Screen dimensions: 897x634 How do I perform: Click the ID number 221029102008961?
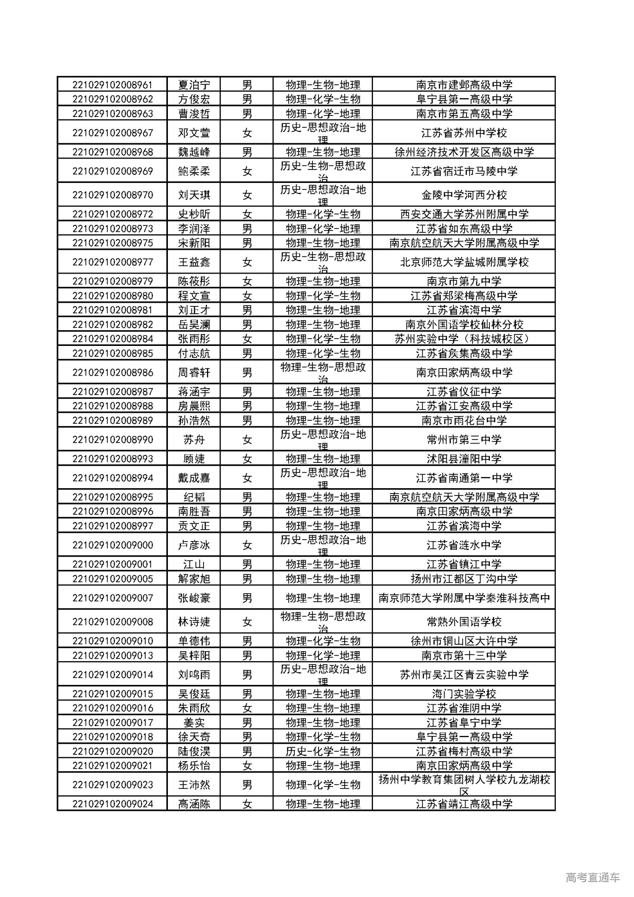pos(112,85)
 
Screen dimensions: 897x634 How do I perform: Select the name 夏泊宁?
pos(194,85)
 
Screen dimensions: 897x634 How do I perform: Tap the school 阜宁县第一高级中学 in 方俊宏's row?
pos(464,99)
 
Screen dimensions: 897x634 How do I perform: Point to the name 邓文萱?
pos(194,133)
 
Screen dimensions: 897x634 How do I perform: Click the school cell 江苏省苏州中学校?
pos(464,133)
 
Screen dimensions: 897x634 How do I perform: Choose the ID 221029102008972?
pos(112,214)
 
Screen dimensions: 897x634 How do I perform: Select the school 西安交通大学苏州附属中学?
pos(464,214)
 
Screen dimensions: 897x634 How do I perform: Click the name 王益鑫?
pos(194,262)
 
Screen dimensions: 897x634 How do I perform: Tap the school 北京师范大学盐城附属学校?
pos(464,262)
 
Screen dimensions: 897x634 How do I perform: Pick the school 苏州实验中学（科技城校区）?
pos(464,339)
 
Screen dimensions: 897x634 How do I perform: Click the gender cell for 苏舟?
pos(247,440)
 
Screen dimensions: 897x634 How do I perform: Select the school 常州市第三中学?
pos(464,440)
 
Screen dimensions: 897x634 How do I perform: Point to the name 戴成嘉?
pos(194,478)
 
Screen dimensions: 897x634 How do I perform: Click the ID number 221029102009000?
pos(112,545)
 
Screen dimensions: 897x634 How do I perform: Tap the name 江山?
pos(194,564)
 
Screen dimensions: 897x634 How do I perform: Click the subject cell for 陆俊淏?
pos(323,751)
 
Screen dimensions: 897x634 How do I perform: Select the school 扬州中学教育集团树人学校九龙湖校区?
pos(464,785)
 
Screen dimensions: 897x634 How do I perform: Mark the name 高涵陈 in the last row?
pos(194,804)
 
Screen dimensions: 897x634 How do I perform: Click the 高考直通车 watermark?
pos(592,878)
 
